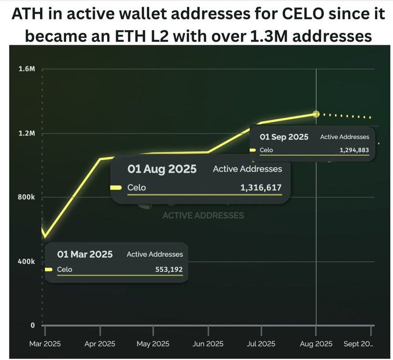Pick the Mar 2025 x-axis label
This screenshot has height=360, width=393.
(x=45, y=344)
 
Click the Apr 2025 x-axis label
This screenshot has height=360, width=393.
(x=99, y=344)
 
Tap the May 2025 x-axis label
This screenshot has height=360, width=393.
(x=153, y=344)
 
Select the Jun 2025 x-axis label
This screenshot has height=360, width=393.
(x=208, y=344)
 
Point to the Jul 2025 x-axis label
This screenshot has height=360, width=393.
(x=262, y=344)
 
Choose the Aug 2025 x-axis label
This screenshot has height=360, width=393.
(x=316, y=344)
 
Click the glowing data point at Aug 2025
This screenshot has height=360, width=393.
(x=316, y=114)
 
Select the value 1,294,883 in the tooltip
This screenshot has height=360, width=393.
(x=354, y=150)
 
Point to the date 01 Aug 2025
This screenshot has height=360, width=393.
(x=162, y=169)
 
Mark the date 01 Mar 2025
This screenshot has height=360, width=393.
(x=85, y=254)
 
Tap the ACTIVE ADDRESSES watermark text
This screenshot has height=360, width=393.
(x=203, y=216)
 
